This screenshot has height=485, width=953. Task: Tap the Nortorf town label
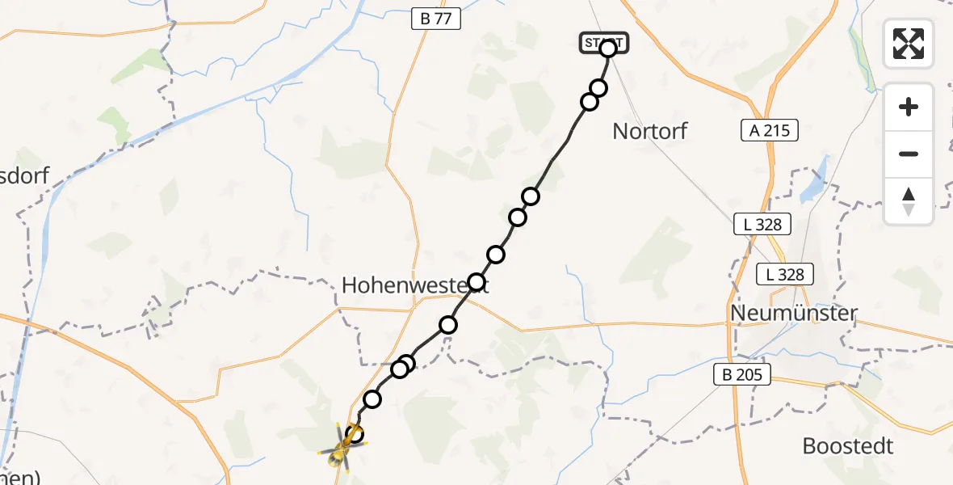pyautogui.click(x=649, y=131)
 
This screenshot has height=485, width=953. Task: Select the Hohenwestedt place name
pyautogui.click(x=414, y=285)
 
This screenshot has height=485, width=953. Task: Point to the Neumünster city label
pyautogui.click(x=792, y=312)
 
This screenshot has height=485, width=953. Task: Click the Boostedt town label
pyautogui.click(x=848, y=445)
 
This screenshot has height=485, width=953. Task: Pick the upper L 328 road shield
pyautogui.click(x=762, y=225)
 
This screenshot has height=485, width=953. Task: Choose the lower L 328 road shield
pyautogui.click(x=785, y=274)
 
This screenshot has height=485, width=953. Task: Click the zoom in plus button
pyautogui.click(x=909, y=107)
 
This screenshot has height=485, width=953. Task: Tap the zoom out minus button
pyautogui.click(x=909, y=154)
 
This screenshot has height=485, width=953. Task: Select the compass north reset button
pyautogui.click(x=909, y=200)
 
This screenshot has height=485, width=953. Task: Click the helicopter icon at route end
pyautogui.click(x=340, y=455)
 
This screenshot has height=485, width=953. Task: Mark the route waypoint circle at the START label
pyautogui.click(x=608, y=48)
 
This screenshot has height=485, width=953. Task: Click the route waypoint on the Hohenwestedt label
pyautogui.click(x=476, y=282)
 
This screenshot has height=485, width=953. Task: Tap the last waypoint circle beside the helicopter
pyautogui.click(x=355, y=434)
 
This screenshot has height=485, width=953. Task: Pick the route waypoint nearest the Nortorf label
pyautogui.click(x=590, y=101)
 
